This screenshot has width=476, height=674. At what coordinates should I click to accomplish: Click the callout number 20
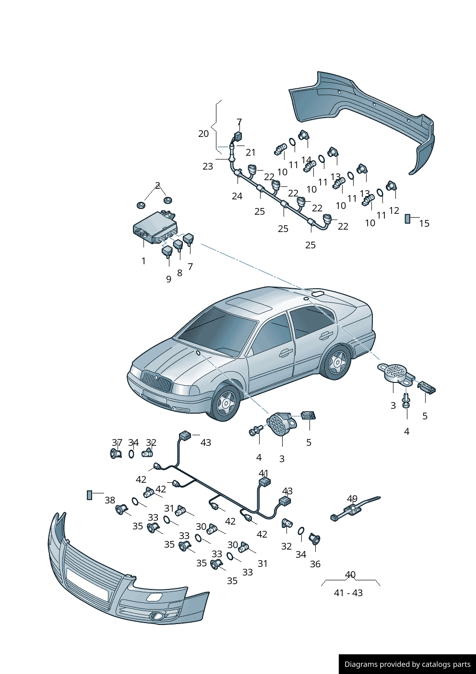[x=203, y=134]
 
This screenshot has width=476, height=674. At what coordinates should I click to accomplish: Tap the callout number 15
[x=424, y=223]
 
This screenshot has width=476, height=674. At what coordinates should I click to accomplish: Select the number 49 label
[x=352, y=499]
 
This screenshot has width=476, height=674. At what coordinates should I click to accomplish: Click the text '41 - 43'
[x=348, y=593]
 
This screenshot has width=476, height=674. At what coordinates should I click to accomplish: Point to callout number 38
[x=110, y=500]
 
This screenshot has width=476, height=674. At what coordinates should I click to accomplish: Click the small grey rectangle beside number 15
[x=407, y=219]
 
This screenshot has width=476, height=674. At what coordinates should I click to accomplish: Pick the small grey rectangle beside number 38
[x=89, y=495]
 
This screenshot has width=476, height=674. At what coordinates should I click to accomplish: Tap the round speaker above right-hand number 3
[x=395, y=372]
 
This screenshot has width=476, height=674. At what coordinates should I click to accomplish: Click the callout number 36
[x=315, y=564]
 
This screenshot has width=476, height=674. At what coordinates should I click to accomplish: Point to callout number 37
[x=117, y=442]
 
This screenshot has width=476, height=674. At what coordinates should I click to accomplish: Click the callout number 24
[x=237, y=196]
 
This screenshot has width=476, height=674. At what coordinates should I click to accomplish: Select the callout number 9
[x=168, y=279]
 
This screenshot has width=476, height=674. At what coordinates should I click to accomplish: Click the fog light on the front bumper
[x=156, y=616]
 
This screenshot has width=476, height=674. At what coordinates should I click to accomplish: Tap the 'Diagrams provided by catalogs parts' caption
[x=407, y=664]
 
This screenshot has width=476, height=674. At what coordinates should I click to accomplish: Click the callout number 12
[x=394, y=210]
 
